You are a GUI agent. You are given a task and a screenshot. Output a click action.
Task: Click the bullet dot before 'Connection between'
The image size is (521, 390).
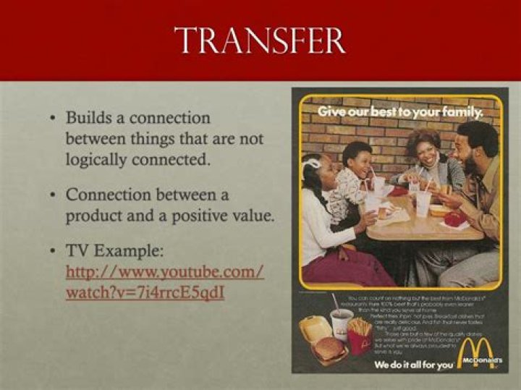pyautogui.click(x=54, y=195)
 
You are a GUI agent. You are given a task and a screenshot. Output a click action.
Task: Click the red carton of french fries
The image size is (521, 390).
pyautogui.click(x=359, y=336)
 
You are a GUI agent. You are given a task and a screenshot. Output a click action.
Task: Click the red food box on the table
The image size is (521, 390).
pyautogui.click(x=455, y=219)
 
